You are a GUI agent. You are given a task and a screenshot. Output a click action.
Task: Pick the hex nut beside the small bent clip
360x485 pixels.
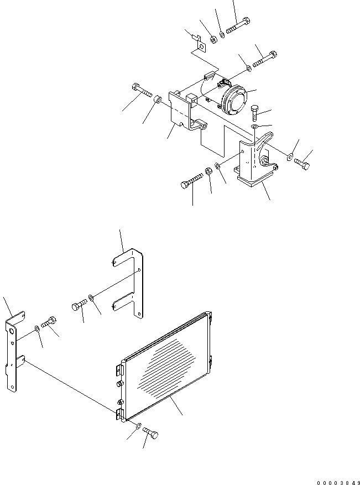click(x=213, y=39)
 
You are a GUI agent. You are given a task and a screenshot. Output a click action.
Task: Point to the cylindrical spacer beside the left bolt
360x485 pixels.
click(x=158, y=100)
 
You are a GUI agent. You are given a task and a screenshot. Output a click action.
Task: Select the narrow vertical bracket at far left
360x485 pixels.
click(x=12, y=354)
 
